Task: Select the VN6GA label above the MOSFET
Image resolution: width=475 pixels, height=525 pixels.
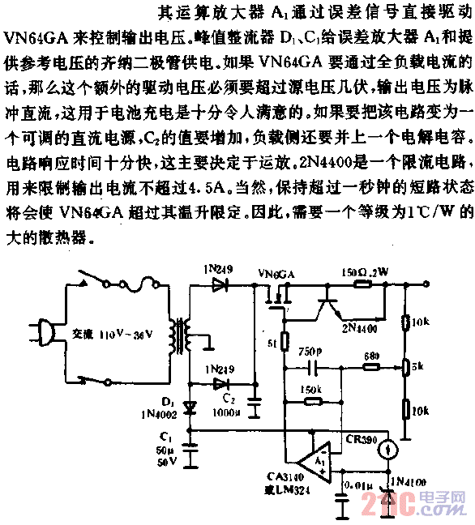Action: (x=276, y=297)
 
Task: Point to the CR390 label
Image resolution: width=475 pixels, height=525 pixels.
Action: (x=360, y=438)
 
